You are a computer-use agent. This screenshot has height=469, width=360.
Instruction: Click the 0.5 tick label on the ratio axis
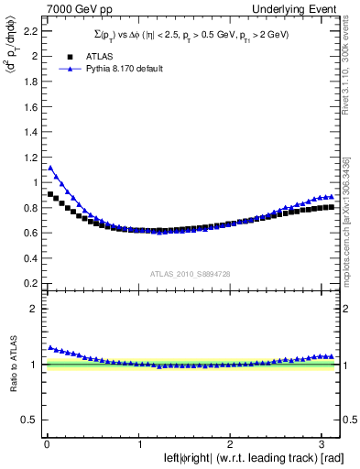pyautogui.click(x=30, y=420)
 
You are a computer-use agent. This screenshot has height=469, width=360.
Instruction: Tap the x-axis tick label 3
pyautogui.click(x=322, y=446)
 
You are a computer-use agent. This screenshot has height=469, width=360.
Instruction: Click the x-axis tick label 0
pyautogui.click(x=46, y=446)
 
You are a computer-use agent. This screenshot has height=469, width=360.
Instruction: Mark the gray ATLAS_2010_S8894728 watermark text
pyautogui.click(x=191, y=274)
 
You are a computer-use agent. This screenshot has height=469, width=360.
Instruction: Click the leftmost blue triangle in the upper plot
pyautogui.click(x=50, y=168)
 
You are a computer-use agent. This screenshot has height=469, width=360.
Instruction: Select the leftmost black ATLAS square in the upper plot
pyautogui.click(x=50, y=194)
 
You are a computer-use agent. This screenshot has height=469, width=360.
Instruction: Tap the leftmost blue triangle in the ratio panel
pyautogui.click(x=50, y=347)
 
